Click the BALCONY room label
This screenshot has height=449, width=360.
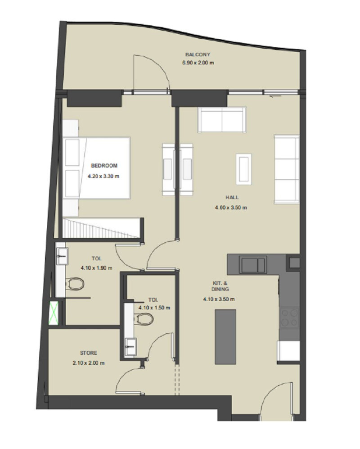point(198,54)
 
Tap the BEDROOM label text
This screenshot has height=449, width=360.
point(104,166)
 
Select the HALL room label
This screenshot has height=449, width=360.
point(232,197)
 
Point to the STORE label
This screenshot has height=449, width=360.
point(89,353)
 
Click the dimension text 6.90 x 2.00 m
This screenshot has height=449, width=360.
point(198,63)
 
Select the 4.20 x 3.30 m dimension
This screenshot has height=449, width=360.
point(103,176)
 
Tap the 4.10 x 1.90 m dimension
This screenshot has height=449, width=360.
point(96,268)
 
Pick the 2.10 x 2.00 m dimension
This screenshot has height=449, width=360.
point(89,363)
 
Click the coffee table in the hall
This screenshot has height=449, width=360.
point(243,169)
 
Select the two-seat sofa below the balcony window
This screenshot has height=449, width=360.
point(222,120)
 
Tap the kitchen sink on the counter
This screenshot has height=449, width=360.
point(253,265)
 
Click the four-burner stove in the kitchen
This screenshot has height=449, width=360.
point(289,318)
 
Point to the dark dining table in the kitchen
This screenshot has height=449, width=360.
point(225,337)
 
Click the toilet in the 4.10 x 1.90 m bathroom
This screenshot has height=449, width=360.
point(75,283)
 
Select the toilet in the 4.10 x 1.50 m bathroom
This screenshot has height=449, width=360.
point(144,319)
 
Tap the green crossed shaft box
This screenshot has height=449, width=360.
point(54,313)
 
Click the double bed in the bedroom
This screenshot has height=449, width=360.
point(97,168)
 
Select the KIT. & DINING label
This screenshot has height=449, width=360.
point(220,286)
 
